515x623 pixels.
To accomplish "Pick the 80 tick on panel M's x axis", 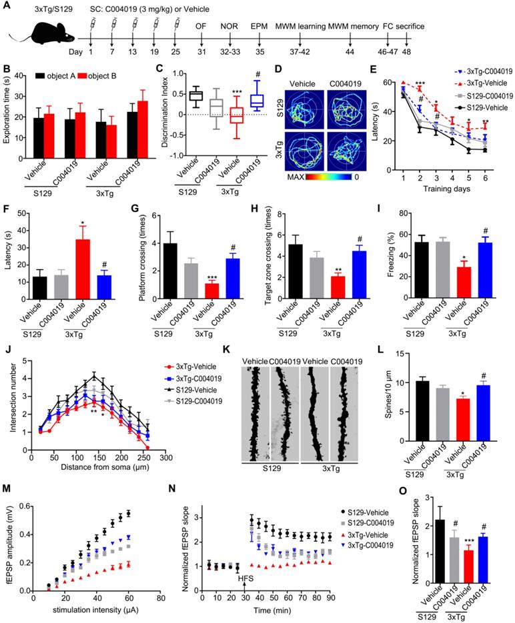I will (161, 598).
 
